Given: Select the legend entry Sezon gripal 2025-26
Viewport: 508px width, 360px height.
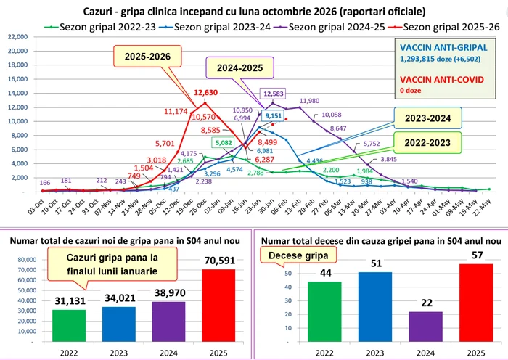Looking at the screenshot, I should coord(445,26).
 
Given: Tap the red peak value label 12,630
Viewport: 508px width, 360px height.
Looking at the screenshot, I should coord(206,93).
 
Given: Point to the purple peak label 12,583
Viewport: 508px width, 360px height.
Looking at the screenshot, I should coord(274,94).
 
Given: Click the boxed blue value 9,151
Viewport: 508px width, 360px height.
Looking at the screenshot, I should coord(273,115).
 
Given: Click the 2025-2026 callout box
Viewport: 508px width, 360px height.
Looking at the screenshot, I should coord(145,56).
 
